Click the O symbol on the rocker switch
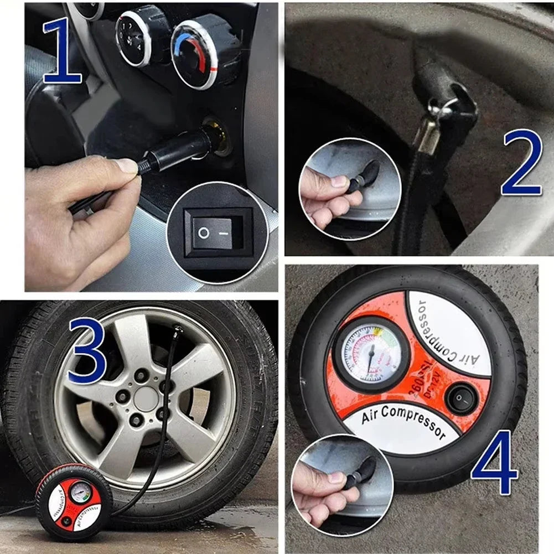204,233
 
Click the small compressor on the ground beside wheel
74,501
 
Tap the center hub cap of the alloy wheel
146,398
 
